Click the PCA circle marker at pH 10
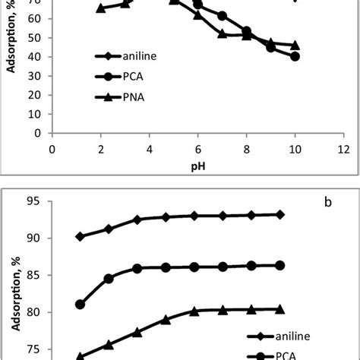[295, 56]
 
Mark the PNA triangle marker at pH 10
[295, 46]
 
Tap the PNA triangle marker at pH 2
[100, 8]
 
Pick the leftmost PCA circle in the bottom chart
[80, 305]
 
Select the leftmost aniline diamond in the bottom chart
[80, 236]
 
